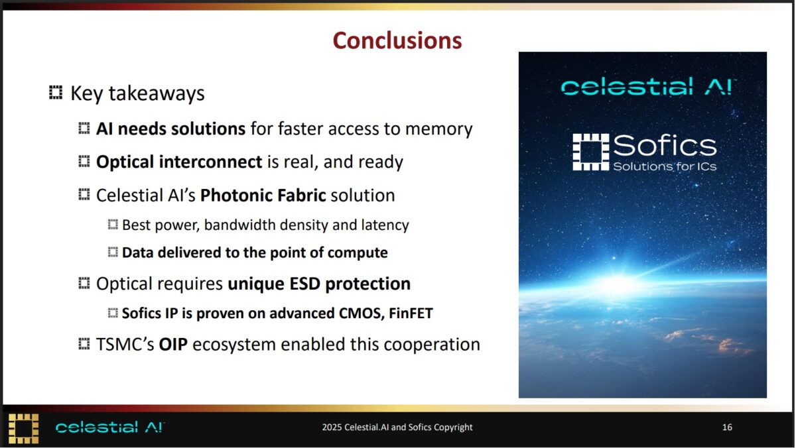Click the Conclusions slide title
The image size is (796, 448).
(397, 40)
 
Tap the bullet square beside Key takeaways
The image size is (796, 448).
(56, 93)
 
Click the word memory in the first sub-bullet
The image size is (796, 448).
(439, 129)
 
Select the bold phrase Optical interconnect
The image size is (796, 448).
(179, 162)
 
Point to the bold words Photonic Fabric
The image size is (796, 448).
(263, 196)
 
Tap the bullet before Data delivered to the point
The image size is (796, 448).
(113, 252)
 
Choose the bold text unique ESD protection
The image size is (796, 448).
(319, 284)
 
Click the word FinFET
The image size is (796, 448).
(411, 313)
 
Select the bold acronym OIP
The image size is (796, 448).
(173, 345)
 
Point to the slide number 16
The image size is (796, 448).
(727, 427)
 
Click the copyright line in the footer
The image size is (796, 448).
(397, 427)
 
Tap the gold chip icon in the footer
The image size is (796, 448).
(23, 429)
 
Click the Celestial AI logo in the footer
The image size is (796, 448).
(110, 427)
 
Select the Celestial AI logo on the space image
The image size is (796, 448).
(648, 87)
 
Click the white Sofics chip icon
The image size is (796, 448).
(590, 152)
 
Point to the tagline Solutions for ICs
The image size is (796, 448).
(665, 166)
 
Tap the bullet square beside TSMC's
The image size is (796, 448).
(84, 344)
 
